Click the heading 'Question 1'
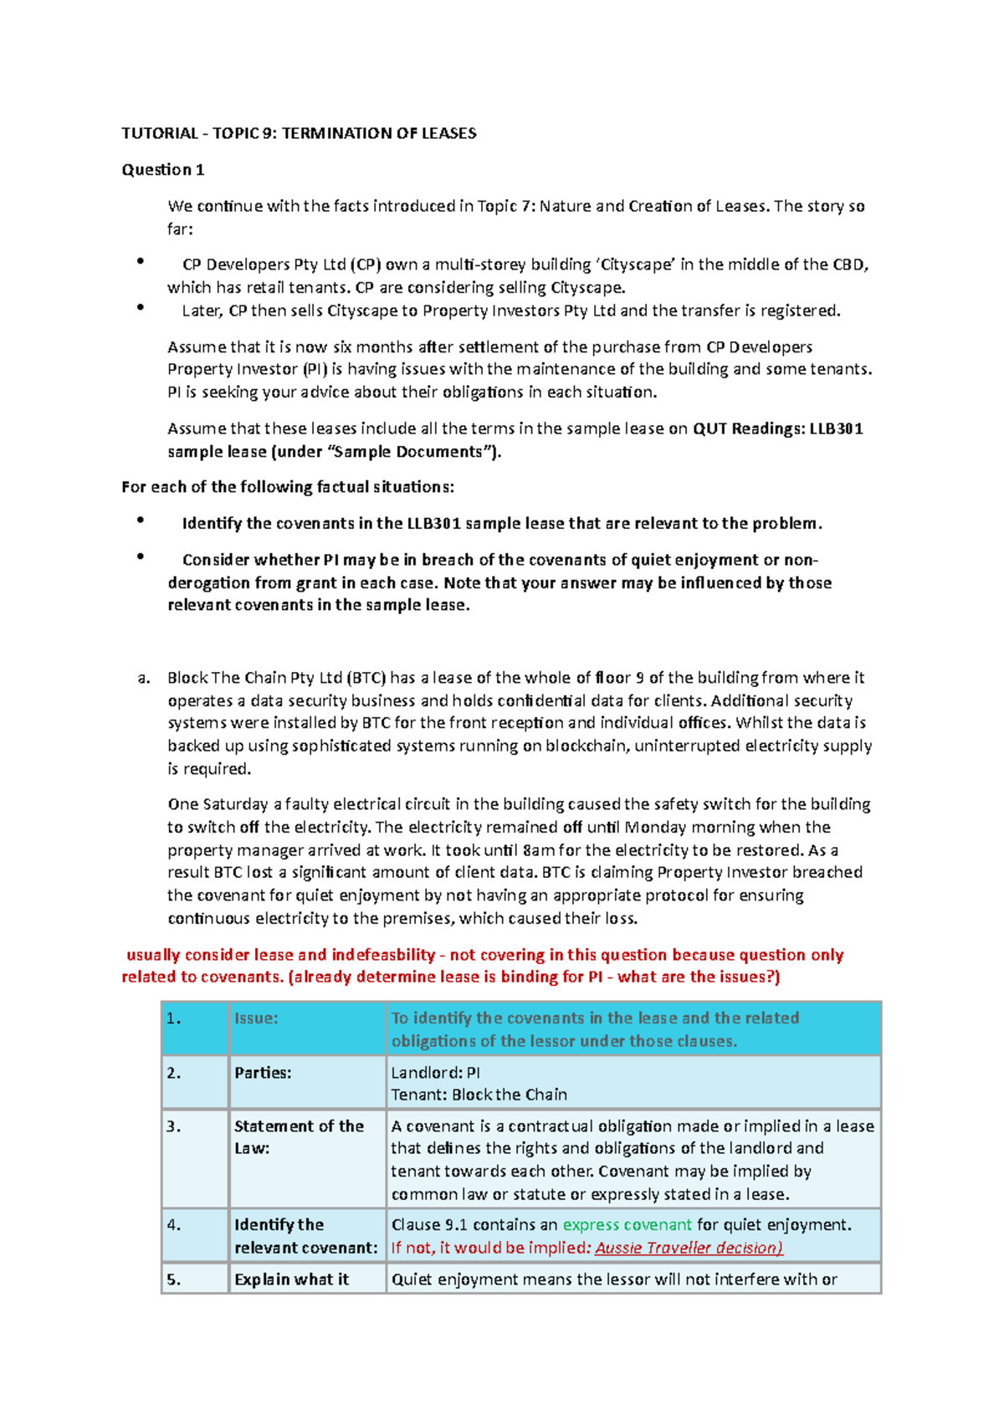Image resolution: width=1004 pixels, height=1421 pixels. [163, 170]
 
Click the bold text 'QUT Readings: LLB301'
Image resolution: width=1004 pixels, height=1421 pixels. [778, 428]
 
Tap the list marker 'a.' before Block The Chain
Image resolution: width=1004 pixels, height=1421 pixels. [143, 678]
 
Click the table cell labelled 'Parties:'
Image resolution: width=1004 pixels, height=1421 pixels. [263, 1073]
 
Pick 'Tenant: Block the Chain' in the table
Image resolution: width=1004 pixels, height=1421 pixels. [479, 1095]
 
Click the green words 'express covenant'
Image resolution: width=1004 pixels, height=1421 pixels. [627, 1225]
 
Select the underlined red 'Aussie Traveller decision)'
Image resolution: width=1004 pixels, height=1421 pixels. [689, 1248]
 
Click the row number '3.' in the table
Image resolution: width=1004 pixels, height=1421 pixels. [173, 1126]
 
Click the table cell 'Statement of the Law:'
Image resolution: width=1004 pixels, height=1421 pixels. [298, 1136]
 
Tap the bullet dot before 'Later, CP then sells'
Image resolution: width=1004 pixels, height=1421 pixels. [141, 308]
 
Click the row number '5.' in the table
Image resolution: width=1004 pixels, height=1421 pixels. [173, 1280]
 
